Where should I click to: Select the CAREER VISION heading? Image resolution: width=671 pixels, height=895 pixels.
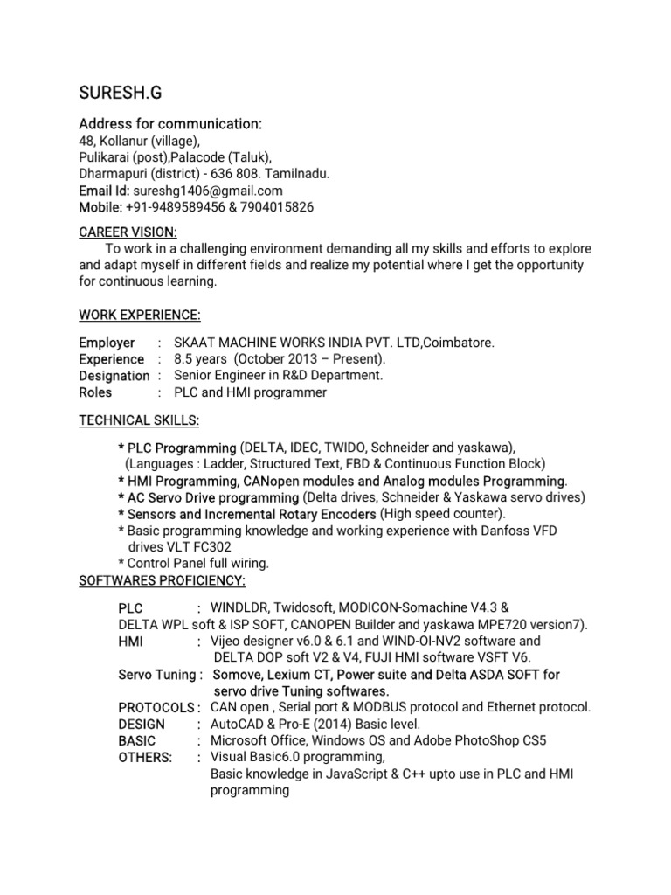coord(128,232)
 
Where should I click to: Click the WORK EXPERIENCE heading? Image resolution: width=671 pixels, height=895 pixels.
coord(140,314)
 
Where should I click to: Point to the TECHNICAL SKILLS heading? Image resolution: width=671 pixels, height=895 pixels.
coord(139,420)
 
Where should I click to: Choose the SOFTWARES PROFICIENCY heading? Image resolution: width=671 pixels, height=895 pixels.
coord(163,580)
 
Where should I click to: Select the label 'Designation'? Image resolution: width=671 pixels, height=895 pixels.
coord(114,376)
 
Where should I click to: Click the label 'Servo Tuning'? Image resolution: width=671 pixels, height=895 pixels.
coord(157,674)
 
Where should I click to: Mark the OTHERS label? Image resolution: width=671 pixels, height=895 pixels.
coord(145,757)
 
